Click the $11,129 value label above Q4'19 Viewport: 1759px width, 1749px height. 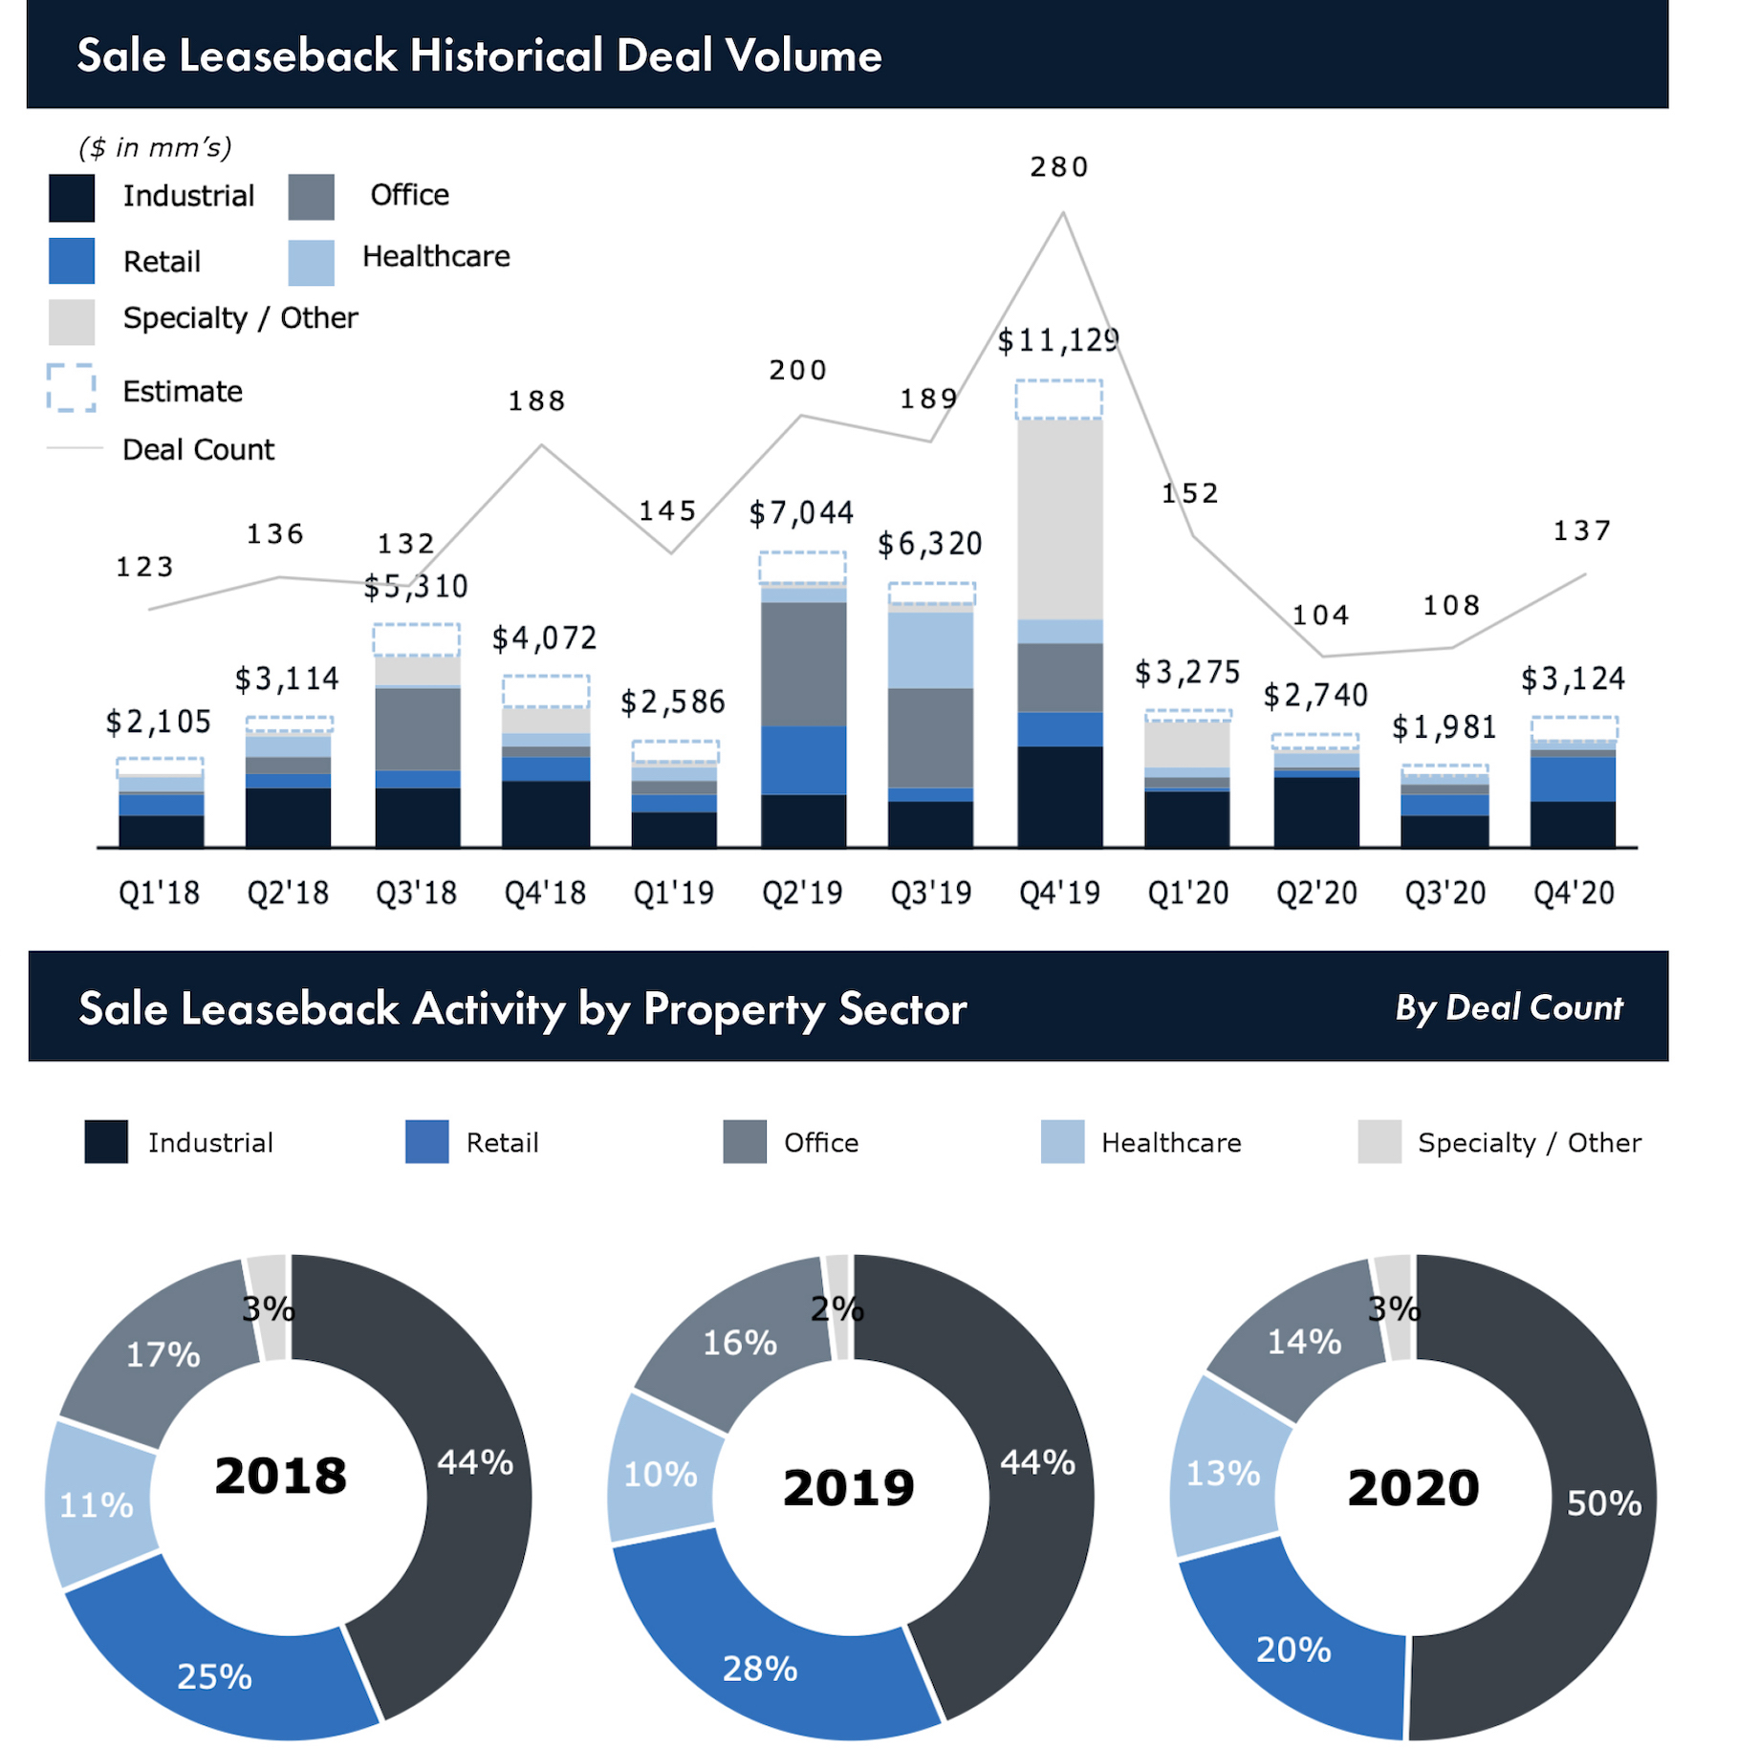[x=1057, y=340]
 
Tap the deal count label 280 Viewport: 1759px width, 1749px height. [x=1059, y=167]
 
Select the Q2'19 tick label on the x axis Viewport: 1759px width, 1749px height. [x=802, y=893]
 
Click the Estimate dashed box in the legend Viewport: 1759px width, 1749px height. [x=71, y=388]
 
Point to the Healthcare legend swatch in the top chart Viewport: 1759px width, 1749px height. [x=311, y=262]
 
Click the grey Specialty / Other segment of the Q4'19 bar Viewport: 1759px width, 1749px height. [x=1059, y=519]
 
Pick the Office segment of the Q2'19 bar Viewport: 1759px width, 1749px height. [x=803, y=663]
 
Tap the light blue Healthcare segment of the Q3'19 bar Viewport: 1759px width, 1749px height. [x=930, y=650]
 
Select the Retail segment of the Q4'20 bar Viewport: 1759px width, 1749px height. [x=1573, y=779]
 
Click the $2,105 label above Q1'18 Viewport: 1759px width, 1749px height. [x=158, y=722]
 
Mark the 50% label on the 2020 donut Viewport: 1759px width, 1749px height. [x=1603, y=1503]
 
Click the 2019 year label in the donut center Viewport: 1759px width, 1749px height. [x=848, y=1487]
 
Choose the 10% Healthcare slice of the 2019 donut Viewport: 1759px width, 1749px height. [x=661, y=1474]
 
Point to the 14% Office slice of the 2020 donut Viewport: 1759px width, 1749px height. [x=1304, y=1342]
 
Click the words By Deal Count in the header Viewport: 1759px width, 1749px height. [x=1509, y=1007]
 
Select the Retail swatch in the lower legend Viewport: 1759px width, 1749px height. [x=426, y=1142]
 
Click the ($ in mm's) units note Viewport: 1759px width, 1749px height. [x=155, y=147]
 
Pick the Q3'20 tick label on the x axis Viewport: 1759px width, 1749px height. [x=1444, y=893]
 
